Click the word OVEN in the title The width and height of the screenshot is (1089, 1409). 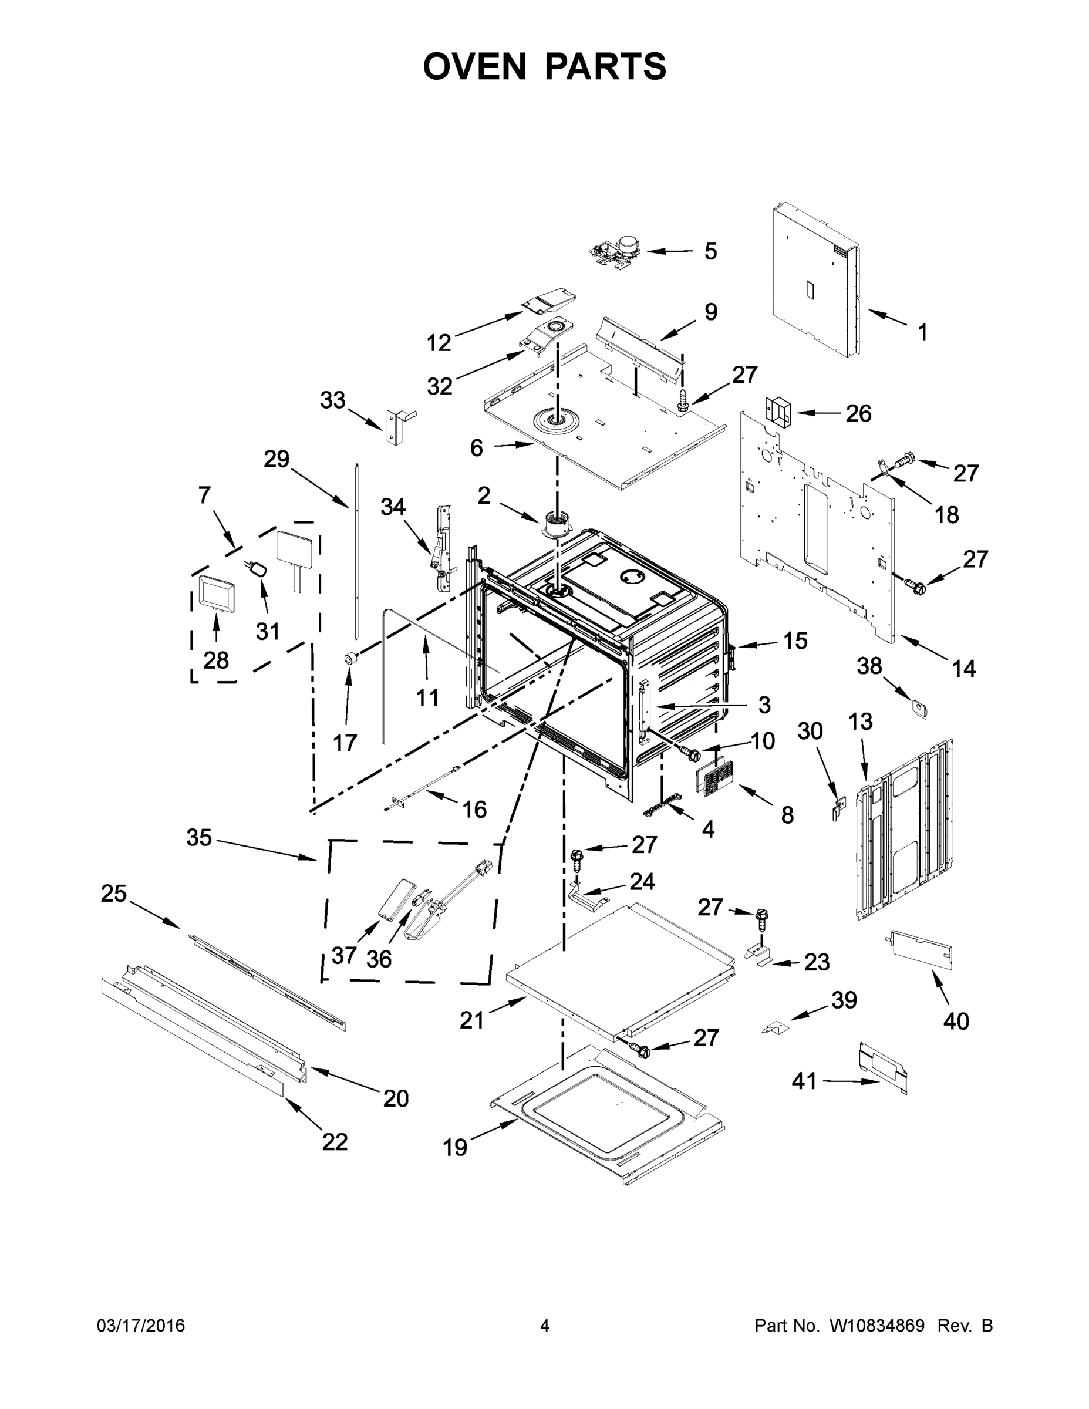pos(474,66)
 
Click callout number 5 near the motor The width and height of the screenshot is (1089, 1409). pos(710,252)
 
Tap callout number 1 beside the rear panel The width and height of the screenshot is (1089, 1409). pos(922,332)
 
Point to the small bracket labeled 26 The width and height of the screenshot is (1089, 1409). pos(777,412)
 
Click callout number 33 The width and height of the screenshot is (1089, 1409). pos(333,400)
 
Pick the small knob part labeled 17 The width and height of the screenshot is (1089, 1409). pos(350,658)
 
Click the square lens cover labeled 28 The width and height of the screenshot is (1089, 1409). pos(215,592)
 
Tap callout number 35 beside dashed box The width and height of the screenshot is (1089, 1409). pos(198,837)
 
